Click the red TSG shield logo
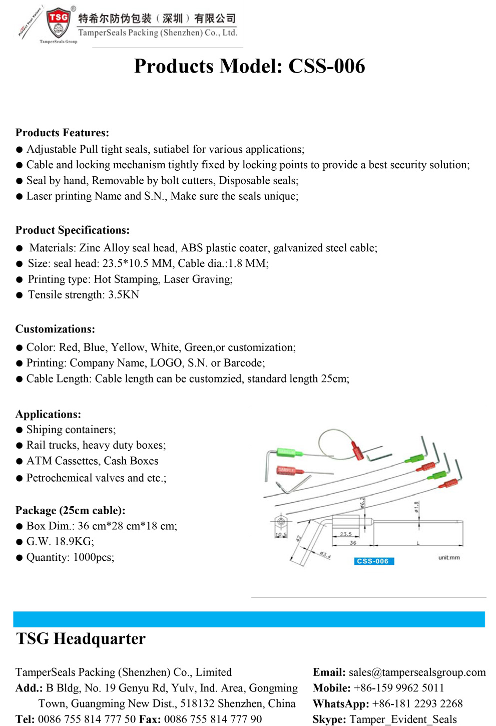pyautogui.click(x=58, y=22)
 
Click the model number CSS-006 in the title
pyautogui.click(x=327, y=66)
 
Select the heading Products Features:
pyautogui.click(x=62, y=133)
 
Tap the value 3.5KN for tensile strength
pyautogui.click(x=124, y=295)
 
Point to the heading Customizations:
pyautogui.click(x=55, y=329)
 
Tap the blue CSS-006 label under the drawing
pyautogui.click(x=372, y=561)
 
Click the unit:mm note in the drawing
pyautogui.click(x=449, y=557)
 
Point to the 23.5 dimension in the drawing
pyautogui.click(x=346, y=534)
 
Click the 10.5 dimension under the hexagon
pyautogui.click(x=281, y=535)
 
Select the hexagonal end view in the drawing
pyautogui.click(x=281, y=522)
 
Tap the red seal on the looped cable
pyautogui.click(x=358, y=451)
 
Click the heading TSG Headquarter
pyautogui.click(x=81, y=639)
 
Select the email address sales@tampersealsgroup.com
pyautogui.click(x=417, y=672)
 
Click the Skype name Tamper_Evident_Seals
pyautogui.click(x=403, y=719)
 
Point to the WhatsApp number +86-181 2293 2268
pyautogui.click(x=417, y=703)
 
